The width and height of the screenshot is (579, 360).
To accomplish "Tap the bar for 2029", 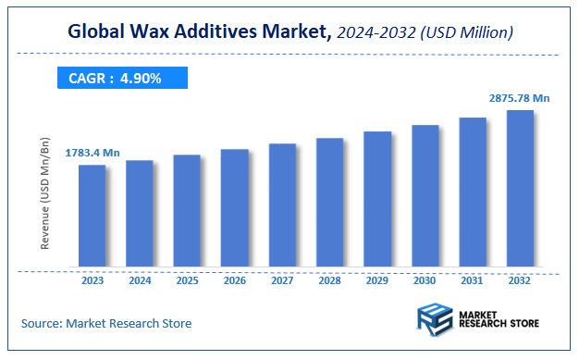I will click(378, 200).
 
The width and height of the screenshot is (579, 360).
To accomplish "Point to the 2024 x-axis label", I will click(140, 279).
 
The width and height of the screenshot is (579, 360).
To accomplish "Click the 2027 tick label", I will click(283, 279).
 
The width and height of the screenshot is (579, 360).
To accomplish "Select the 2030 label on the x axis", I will click(425, 279).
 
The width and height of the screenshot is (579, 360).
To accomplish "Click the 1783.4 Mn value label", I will click(92, 153).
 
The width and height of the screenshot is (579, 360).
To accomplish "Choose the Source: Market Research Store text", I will click(106, 323).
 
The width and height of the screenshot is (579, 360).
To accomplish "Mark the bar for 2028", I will click(330, 204).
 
